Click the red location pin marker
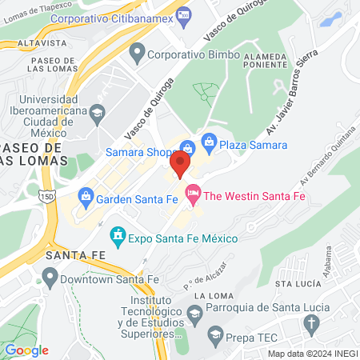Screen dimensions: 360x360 [x=180, y=165]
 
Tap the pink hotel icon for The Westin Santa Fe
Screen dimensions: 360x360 [x=193, y=194]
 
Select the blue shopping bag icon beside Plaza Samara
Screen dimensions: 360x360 [x=209, y=142]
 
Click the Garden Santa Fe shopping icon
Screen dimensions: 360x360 [x=85, y=195]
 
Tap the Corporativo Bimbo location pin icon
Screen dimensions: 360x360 [x=136, y=55]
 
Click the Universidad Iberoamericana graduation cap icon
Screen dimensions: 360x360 [x=97, y=113]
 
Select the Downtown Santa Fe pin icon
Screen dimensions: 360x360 [x=50, y=278]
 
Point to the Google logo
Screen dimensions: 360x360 [x=26, y=350]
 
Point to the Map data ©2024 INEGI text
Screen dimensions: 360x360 [x=311, y=354]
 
